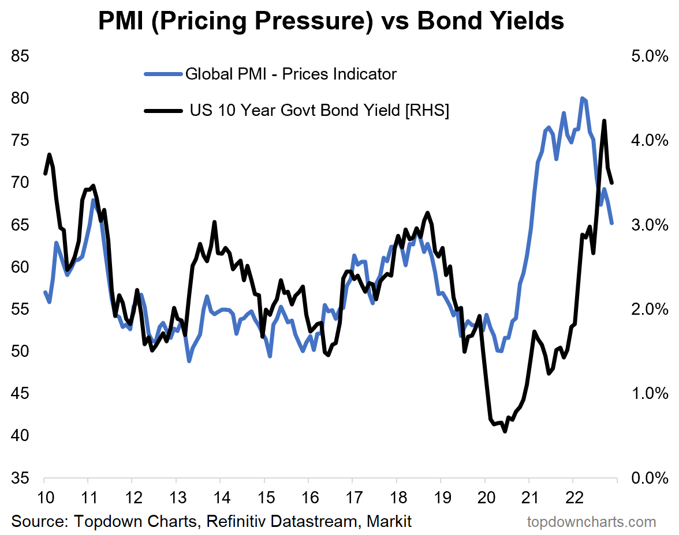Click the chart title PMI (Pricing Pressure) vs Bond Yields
click(331, 21)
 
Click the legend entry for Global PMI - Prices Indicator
click(290, 74)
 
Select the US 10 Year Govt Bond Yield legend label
click(319, 110)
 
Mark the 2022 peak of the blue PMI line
click(582, 99)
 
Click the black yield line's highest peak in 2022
click(604, 121)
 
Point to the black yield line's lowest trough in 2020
click(505, 431)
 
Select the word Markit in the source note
click(388, 522)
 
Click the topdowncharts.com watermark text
click(591, 522)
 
